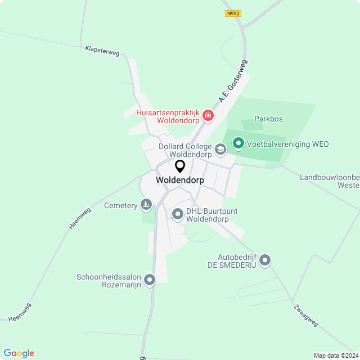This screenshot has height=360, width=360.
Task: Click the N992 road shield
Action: point(232,13)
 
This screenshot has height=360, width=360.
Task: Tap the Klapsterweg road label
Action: point(102,51)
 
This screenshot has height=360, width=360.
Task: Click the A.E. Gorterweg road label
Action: point(233,82)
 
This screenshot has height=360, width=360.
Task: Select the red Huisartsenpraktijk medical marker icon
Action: point(208,116)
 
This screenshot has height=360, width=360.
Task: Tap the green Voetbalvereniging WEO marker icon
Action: point(238,144)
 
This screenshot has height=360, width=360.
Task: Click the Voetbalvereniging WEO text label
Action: point(287,144)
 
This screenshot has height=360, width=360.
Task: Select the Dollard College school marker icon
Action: point(220,150)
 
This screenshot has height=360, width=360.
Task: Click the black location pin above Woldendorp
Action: point(180,166)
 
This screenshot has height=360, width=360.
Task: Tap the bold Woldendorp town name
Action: point(180,180)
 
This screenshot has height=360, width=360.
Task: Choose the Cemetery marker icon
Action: point(146,205)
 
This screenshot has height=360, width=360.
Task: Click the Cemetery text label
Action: point(121,205)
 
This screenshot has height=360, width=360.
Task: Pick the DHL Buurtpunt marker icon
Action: point(178,214)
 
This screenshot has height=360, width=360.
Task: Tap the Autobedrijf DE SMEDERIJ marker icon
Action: point(265,260)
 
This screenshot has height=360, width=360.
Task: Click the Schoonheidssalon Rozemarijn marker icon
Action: point(149,280)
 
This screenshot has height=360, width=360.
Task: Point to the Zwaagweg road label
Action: point(305,316)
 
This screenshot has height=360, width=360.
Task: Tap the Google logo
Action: point(19,353)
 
